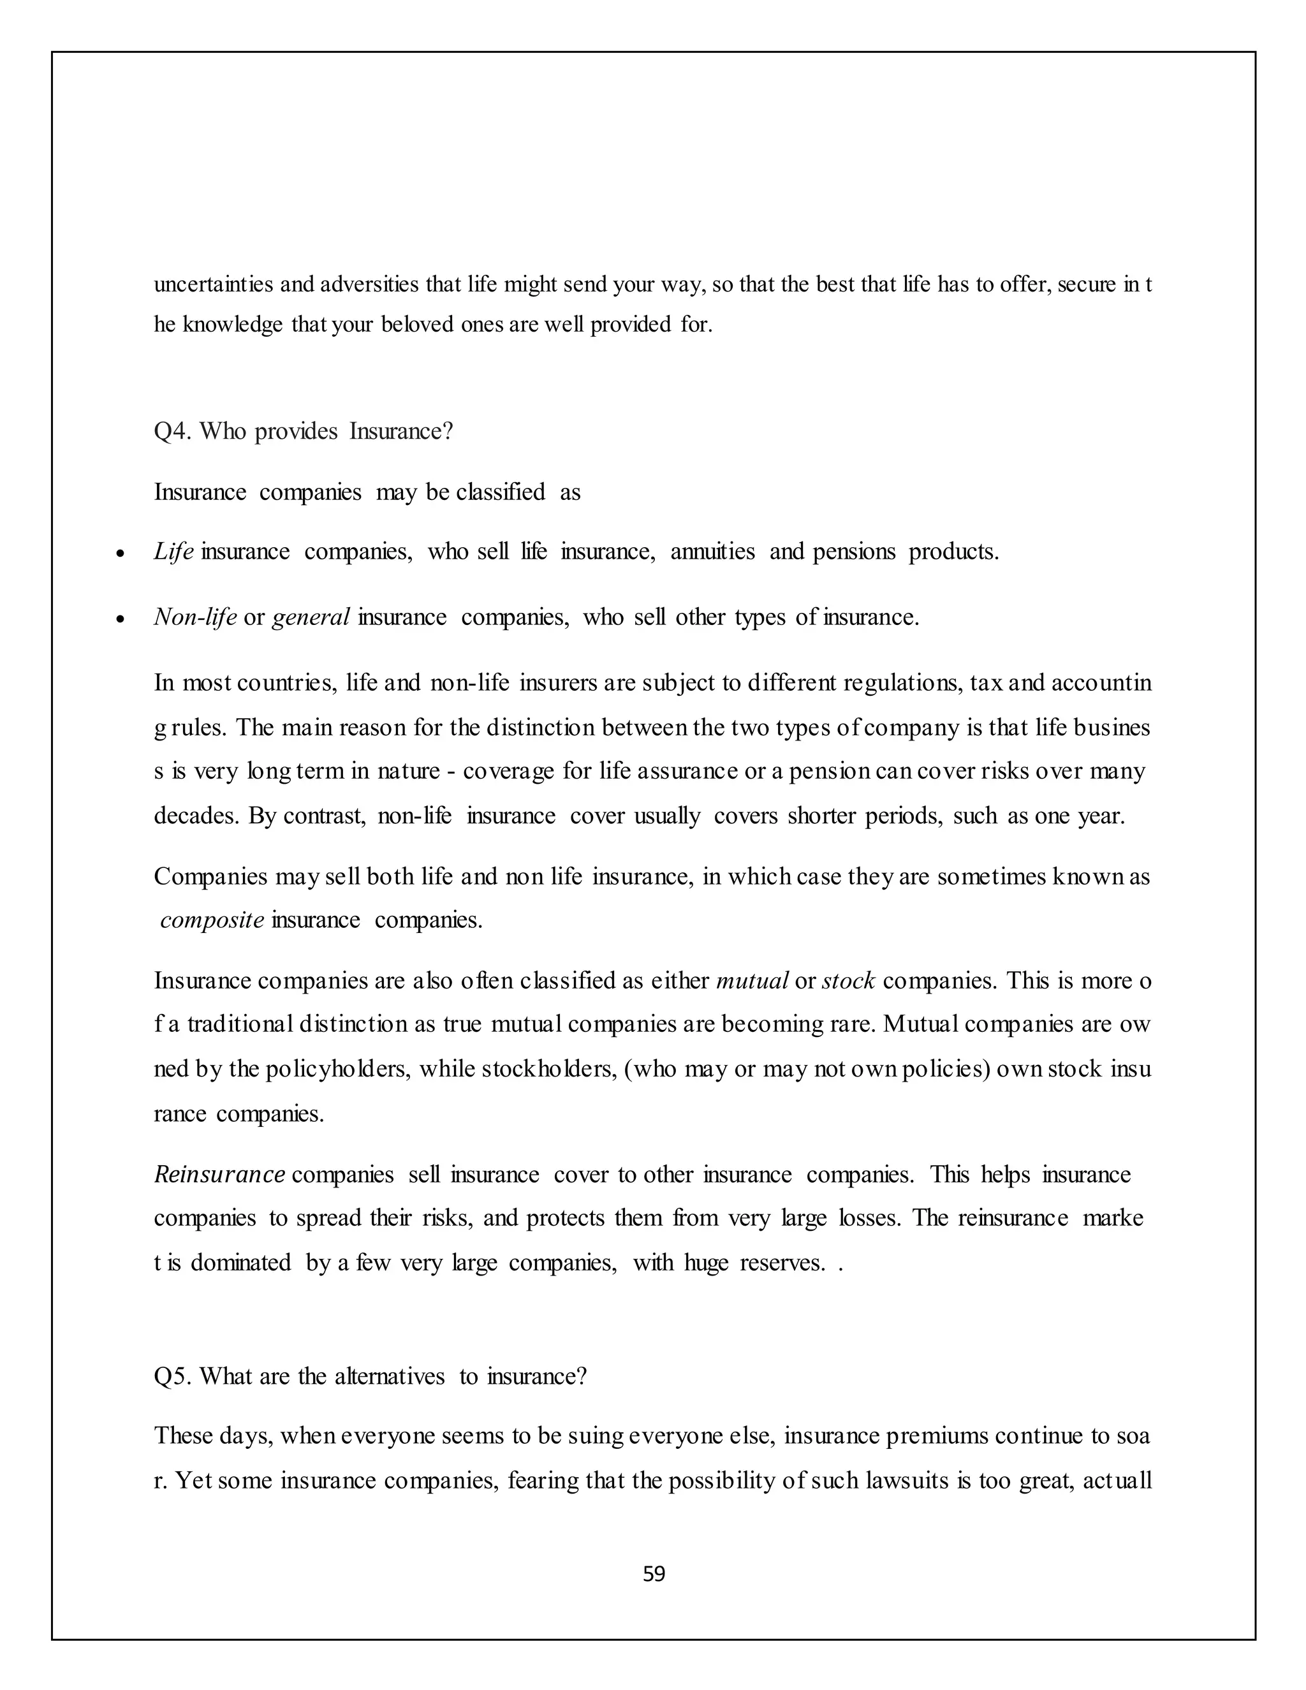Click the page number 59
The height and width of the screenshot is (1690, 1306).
point(654,1574)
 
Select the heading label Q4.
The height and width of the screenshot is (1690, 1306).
point(172,431)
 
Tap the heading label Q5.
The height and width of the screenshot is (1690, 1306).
point(172,1377)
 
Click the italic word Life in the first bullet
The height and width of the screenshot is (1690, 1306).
point(173,552)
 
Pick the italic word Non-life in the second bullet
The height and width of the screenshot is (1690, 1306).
point(195,617)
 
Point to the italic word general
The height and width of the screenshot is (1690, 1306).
point(311,617)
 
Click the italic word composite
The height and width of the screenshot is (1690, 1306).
point(212,920)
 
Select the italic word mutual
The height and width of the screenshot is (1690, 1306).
point(752,981)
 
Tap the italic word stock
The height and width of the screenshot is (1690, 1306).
point(848,981)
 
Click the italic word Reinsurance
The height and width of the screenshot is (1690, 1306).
point(220,1175)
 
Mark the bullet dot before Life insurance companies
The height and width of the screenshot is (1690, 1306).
point(120,555)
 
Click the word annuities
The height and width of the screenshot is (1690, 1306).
point(712,552)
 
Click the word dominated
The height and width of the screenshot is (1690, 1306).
point(240,1262)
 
